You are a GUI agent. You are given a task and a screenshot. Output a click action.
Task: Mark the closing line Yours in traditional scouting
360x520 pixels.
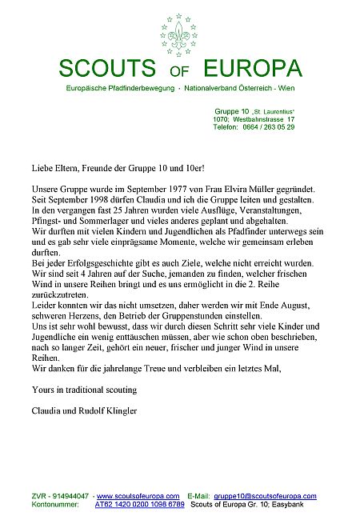point(75,390)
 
